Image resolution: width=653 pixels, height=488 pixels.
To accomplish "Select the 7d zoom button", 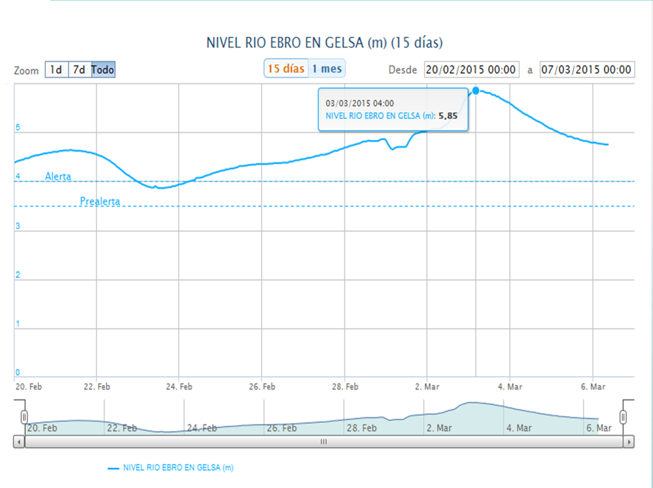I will coord(79,70).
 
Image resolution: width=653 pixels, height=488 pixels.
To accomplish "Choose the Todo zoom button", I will coord(103,70).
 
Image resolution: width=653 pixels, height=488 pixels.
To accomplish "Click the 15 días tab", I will coord(286,69).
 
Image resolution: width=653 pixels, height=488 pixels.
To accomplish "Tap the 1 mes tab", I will coord(326,69).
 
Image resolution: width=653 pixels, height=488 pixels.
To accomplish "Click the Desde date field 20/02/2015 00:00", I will coord(472,70).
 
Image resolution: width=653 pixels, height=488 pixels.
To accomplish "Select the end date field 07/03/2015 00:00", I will coord(587,70).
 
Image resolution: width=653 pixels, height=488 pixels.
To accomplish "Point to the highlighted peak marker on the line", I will coord(476,90).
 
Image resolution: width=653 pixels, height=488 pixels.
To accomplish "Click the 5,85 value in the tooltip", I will coord(448,116).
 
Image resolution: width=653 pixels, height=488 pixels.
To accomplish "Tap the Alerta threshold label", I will coord(58,176).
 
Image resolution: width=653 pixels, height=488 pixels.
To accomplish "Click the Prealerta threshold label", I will coord(100,202).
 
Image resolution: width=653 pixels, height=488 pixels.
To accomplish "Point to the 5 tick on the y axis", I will coord(18,128).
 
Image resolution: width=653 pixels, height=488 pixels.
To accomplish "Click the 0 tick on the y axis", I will coord(18,373).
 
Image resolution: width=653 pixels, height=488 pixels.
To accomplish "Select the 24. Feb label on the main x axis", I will coord(179,386).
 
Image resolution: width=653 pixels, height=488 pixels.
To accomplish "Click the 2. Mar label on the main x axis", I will coord(427,386).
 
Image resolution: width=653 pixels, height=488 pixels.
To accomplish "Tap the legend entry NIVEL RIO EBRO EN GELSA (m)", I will coord(178,468).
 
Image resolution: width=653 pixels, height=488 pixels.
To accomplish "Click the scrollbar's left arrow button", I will coord(18,442).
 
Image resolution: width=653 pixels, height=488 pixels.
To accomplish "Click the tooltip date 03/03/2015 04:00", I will coord(360,103).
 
